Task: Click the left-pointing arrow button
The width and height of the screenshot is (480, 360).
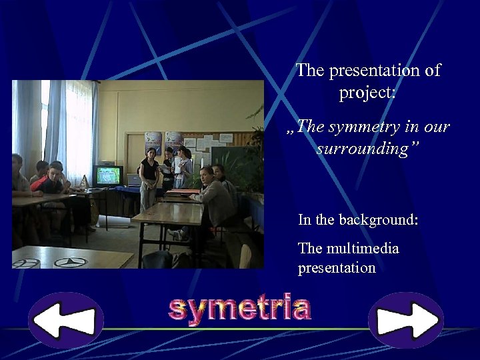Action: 65,321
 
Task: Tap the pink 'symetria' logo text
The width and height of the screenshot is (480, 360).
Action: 239,309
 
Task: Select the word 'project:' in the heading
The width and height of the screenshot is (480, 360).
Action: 367,93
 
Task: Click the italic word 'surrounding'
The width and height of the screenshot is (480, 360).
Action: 365,147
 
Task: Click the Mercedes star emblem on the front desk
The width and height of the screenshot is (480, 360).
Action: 71,262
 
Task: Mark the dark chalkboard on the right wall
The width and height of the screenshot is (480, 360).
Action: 230,160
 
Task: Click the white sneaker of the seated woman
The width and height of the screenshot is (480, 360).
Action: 177,234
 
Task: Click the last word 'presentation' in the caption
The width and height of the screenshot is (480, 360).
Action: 337,268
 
